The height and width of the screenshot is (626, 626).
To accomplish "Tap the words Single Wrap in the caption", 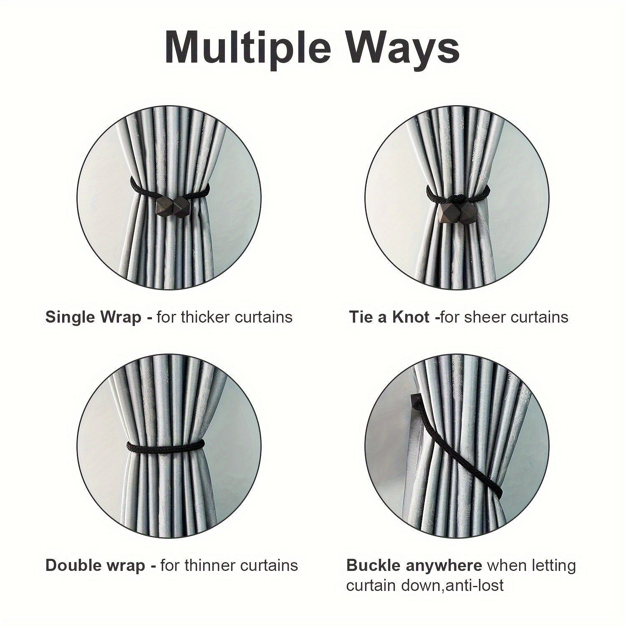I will click(93, 317).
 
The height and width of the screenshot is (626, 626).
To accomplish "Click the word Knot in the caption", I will click(411, 317).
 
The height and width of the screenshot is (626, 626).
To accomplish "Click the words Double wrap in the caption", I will click(95, 565).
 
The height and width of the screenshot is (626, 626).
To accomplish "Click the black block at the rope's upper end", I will click(416, 399).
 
